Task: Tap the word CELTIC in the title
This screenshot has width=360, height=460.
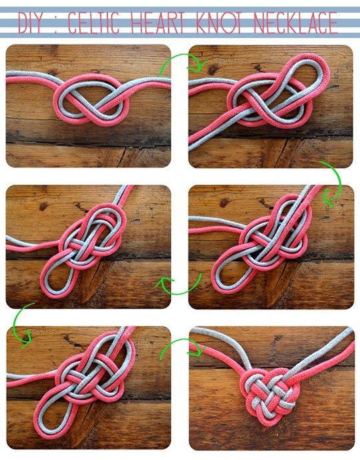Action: [93, 23]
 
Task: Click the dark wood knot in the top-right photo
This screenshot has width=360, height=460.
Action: [213, 70]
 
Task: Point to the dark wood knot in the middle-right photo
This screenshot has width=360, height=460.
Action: [225, 203]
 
